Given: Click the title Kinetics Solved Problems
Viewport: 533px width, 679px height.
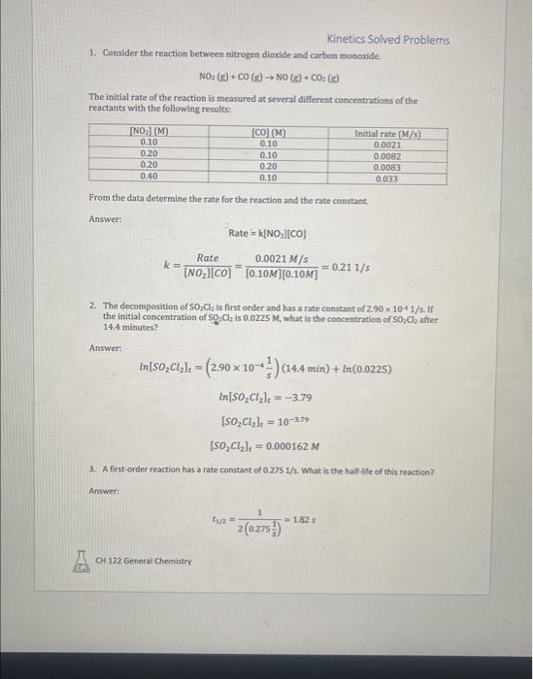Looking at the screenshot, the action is [388, 40].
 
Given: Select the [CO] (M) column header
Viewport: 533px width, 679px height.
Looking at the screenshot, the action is [267, 132].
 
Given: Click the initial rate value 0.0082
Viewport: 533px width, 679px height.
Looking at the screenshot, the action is [388, 154].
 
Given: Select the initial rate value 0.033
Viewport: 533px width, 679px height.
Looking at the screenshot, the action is [388, 177].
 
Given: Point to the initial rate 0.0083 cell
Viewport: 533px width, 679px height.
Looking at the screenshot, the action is [388, 166].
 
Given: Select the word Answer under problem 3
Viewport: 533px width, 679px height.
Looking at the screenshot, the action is [103, 491].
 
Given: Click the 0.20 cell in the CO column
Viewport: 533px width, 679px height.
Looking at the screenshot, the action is [267, 166].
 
